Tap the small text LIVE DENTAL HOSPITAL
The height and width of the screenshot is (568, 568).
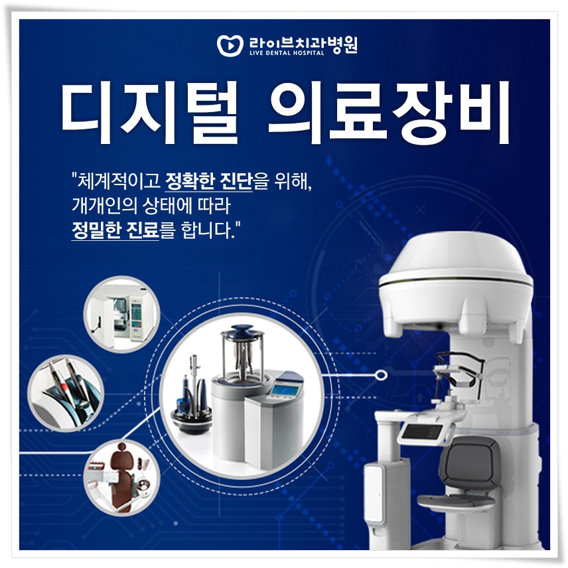tap(287, 52)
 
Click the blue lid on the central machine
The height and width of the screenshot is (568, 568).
tap(238, 331)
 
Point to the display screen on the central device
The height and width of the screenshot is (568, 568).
tap(287, 391)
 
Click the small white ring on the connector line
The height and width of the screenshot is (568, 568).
tap(380, 376)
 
